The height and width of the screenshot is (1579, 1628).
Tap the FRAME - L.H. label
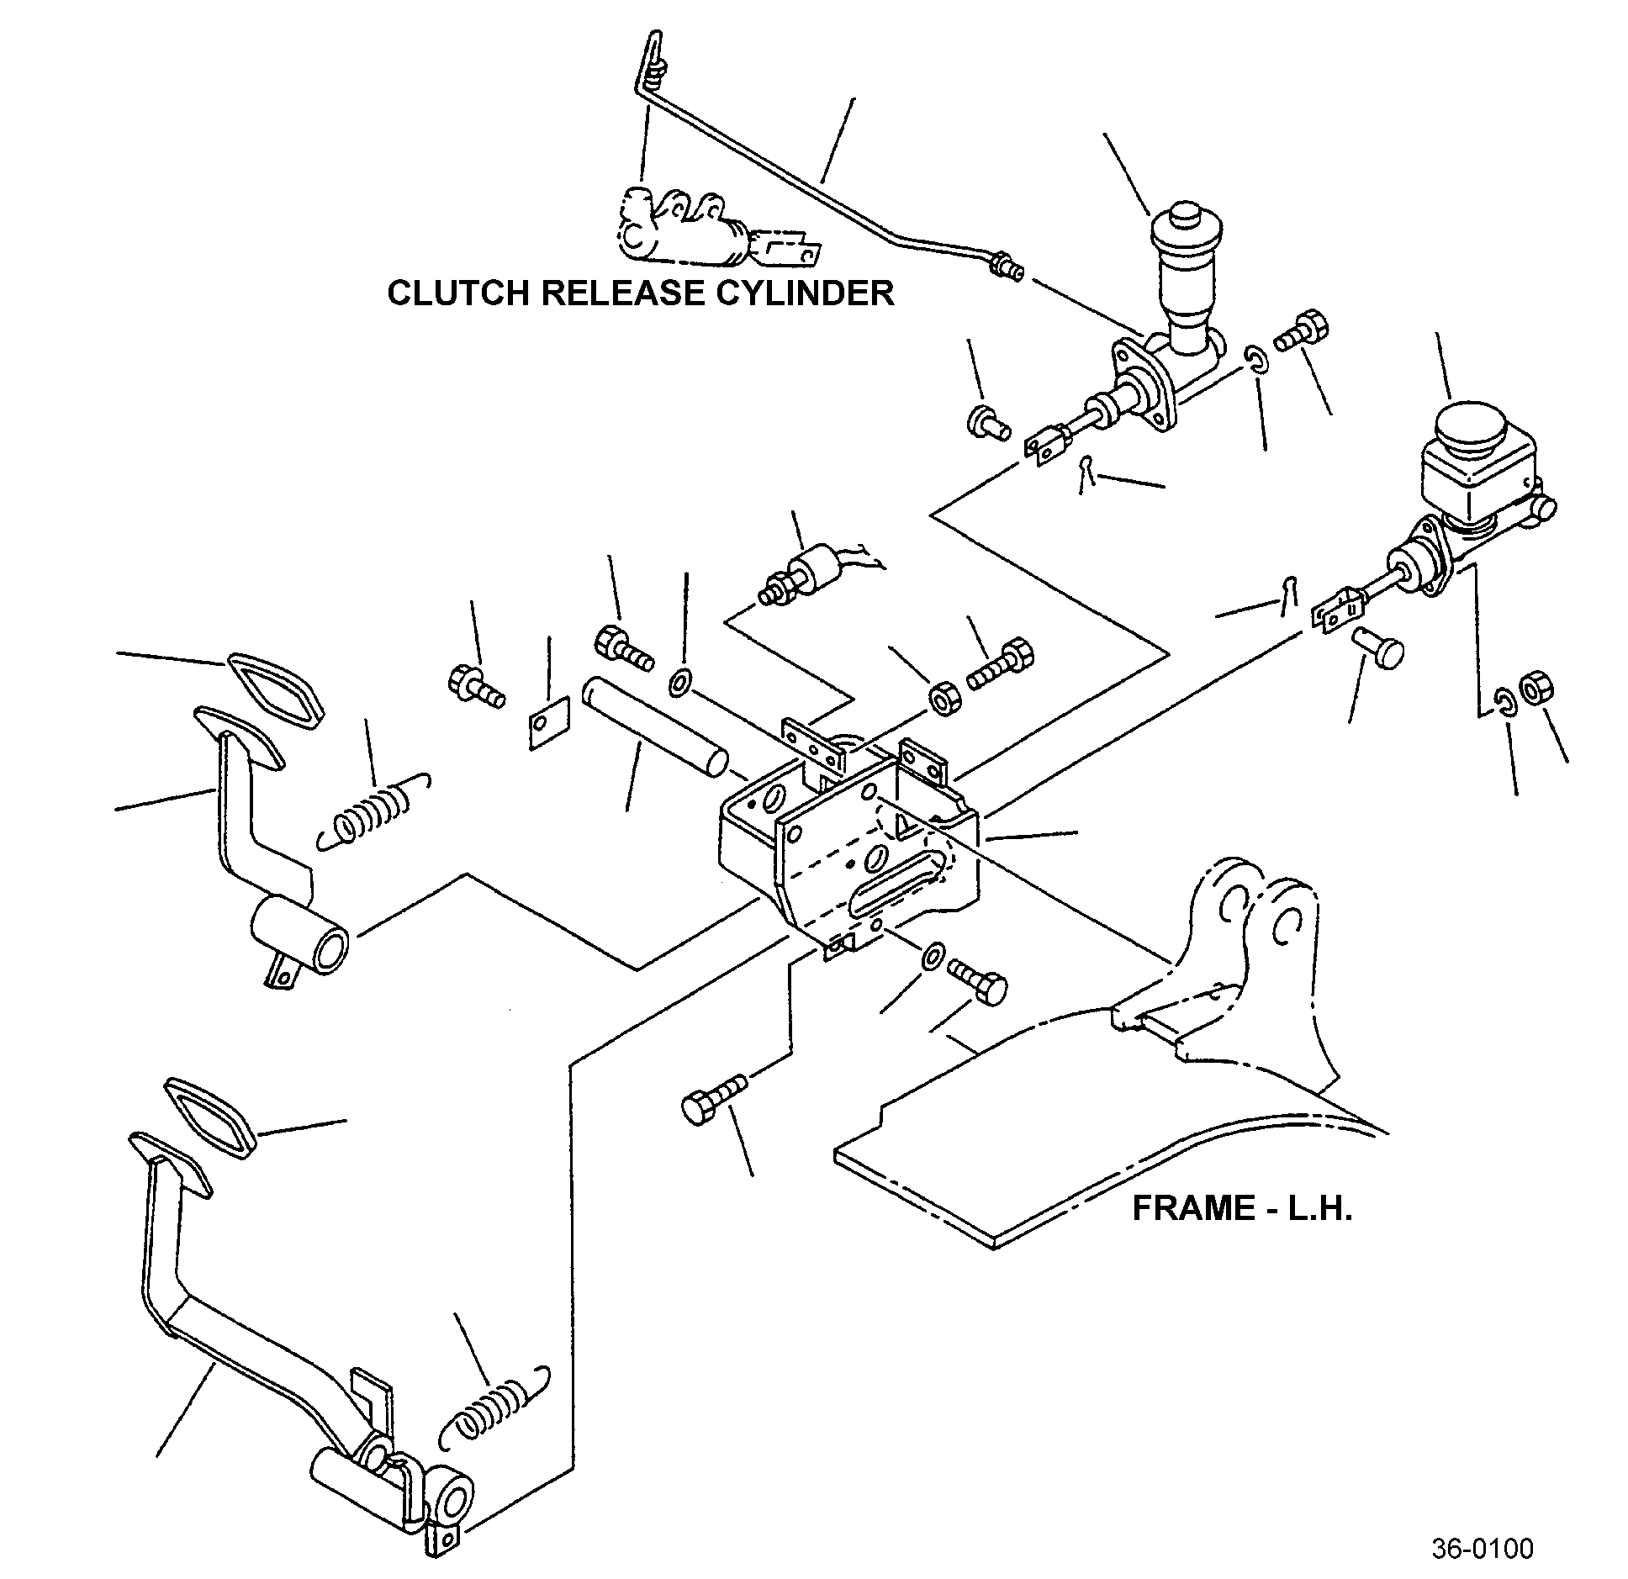pyautogui.click(x=1242, y=1208)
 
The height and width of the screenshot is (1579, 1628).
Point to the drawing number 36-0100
pyautogui.click(x=1483, y=1549)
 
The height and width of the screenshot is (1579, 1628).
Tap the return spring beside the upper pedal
pyautogui.click(x=376, y=811)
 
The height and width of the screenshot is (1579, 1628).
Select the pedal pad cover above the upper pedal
pyautogui.click(x=275, y=689)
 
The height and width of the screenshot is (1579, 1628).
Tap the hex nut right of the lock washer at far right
pyautogui.click(x=1536, y=687)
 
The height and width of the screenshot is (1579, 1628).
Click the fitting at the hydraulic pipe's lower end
pyautogui.click(x=1007, y=267)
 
